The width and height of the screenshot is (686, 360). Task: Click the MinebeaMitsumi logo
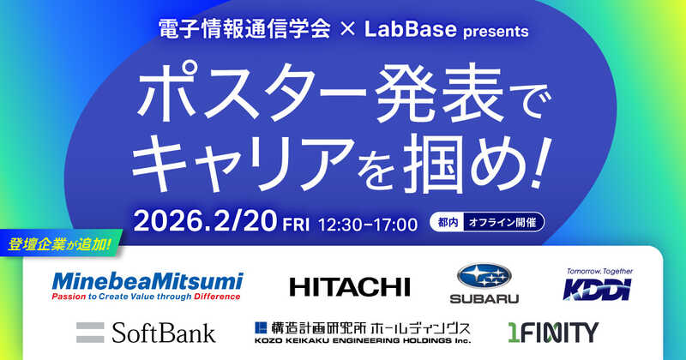tap(147, 286)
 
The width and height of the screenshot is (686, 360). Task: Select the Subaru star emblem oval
tap(484, 277)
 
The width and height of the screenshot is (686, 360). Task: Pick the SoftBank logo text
tap(164, 331)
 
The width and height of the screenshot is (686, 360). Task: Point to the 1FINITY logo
tap(552, 331)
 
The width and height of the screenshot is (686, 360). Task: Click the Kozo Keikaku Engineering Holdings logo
tap(363, 331)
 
